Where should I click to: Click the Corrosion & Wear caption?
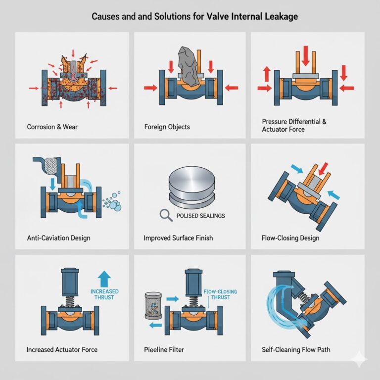coord(52,127)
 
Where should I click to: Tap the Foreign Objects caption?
coord(167,127)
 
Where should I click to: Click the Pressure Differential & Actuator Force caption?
coord(294,125)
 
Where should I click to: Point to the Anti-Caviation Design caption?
coord(58,238)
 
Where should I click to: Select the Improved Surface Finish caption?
coord(178,238)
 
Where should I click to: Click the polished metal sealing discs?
coord(190,188)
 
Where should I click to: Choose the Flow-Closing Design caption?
coord(290,238)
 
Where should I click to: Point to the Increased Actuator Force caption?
coord(62,350)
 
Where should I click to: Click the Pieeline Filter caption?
coord(164,350)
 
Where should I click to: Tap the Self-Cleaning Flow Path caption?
coord(296,350)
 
